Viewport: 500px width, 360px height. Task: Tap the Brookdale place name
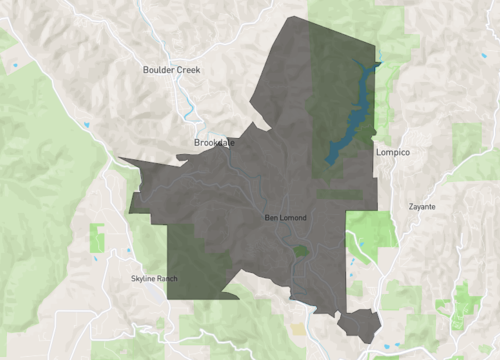click(213, 143)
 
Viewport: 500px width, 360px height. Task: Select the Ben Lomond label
click(285, 217)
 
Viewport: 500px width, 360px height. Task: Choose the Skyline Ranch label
click(154, 278)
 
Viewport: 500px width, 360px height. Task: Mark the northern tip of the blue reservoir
click(379, 64)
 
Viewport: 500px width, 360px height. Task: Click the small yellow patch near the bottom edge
click(298, 328)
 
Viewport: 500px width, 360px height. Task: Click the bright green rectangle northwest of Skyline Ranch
click(97, 238)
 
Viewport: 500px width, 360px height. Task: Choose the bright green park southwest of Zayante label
click(372, 231)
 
